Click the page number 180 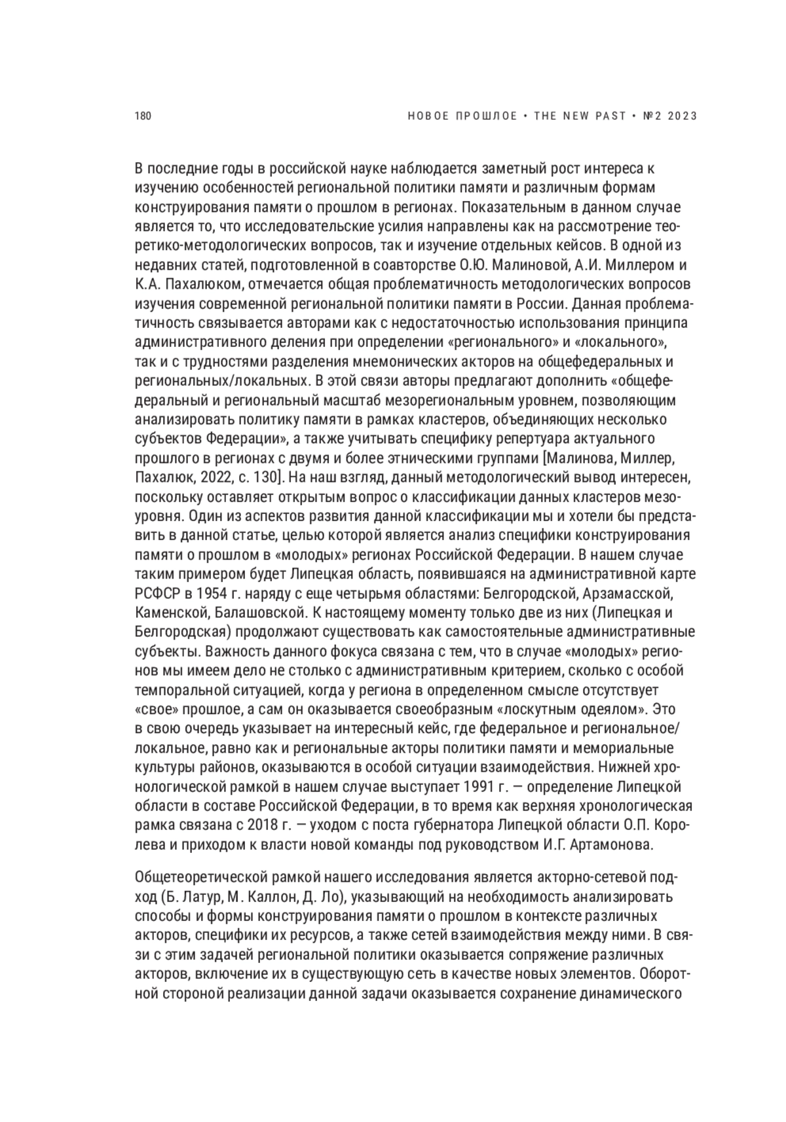click(143, 117)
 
